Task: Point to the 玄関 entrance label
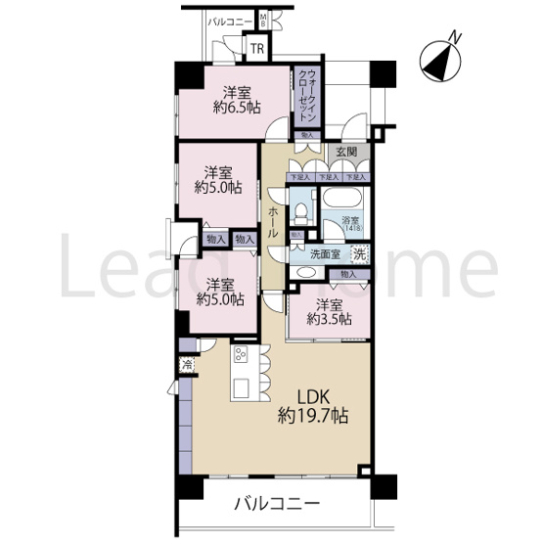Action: [x=344, y=152]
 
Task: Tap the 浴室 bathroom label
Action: [x=348, y=220]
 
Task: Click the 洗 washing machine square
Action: [x=360, y=255]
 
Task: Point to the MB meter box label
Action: [x=263, y=21]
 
